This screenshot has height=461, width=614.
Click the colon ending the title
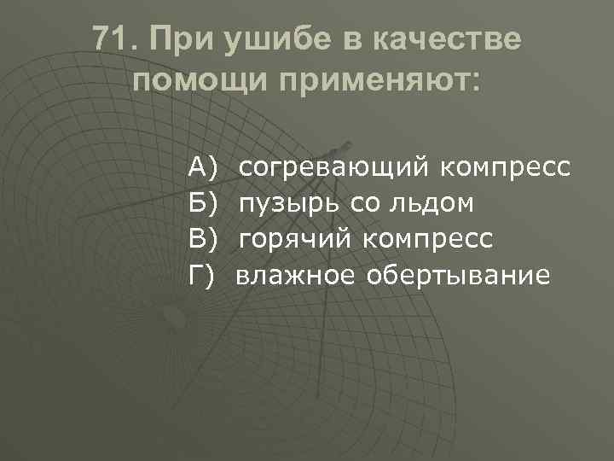(475, 84)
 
